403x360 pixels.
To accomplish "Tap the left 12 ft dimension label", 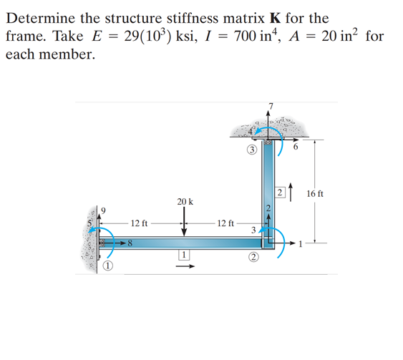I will pyautogui.click(x=140, y=223).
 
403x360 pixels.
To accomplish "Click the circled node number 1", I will pyautogui.click(x=107, y=266).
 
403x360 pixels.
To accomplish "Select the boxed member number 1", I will pyautogui.click(x=184, y=254).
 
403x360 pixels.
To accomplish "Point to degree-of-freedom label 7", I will pyautogui.click(x=271, y=107).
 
